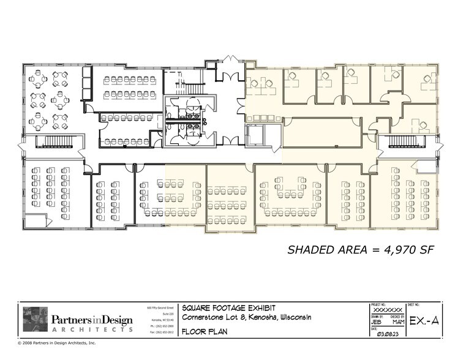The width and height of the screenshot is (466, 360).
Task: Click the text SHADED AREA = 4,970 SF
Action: tap(361, 249)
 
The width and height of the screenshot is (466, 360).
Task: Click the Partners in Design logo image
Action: tap(35, 319)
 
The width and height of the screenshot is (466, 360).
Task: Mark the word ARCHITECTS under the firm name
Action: tap(91, 329)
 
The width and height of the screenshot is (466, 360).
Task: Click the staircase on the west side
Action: tap(56, 143)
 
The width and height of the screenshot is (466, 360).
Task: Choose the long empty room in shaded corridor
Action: tap(321, 133)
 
